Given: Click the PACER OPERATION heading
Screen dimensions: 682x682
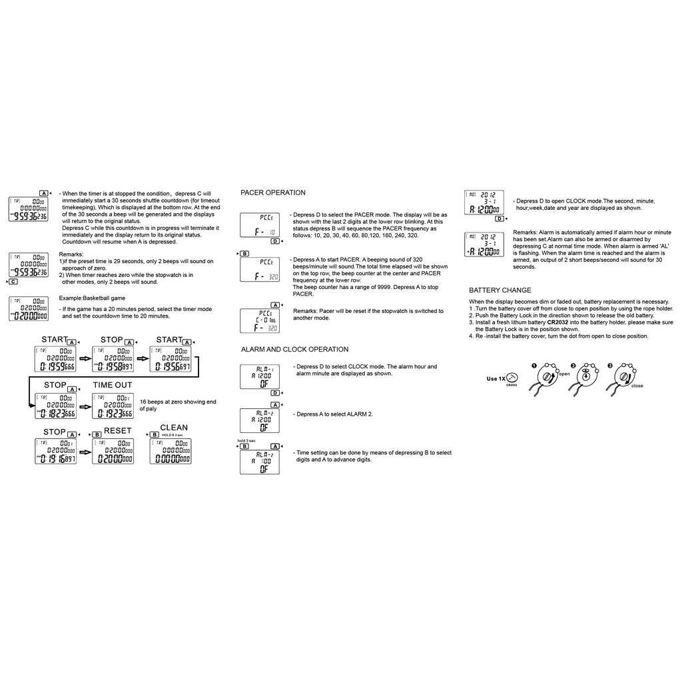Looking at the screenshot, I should (x=273, y=192).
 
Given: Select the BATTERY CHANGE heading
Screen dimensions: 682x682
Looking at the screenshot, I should (x=500, y=290).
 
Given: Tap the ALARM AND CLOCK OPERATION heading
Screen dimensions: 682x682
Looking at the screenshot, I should (x=294, y=349).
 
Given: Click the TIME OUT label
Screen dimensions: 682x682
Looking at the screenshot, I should (x=113, y=385).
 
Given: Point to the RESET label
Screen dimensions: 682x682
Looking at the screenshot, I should (x=118, y=431).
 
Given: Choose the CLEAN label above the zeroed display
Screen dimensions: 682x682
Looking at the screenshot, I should (x=174, y=428).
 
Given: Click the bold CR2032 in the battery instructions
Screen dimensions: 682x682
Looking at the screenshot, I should (x=561, y=322).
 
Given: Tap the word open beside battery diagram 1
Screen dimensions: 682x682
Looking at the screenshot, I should (x=564, y=374).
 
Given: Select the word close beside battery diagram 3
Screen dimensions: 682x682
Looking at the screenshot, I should (x=637, y=386).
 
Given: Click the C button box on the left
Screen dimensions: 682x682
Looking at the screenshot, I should (x=13, y=282).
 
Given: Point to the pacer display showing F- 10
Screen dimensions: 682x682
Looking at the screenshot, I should (x=260, y=225).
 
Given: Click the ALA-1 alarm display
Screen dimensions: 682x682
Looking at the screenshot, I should (x=260, y=377).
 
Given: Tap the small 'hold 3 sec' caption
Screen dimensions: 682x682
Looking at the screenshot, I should (x=246, y=440).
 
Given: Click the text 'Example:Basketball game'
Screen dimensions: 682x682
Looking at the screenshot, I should (x=92, y=298).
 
